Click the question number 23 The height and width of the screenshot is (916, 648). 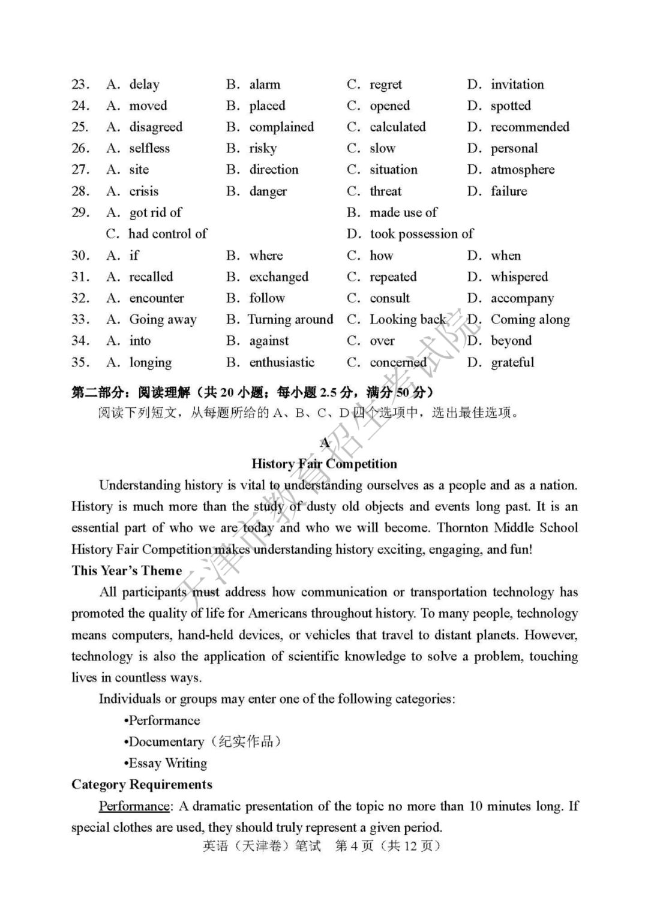80,85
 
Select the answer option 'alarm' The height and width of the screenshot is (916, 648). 265,85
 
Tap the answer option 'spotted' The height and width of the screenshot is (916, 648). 511,106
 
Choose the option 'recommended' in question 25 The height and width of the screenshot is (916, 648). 530,127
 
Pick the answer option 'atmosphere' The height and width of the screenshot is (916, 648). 523,170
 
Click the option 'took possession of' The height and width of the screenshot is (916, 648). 421,234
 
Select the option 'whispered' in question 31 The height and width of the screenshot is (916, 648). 519,277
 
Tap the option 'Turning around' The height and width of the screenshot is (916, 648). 290,320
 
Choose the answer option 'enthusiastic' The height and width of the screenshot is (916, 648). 282,362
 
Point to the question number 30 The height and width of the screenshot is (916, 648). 80,256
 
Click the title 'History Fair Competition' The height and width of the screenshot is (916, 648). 324,464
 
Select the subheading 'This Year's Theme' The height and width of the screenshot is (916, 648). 127,570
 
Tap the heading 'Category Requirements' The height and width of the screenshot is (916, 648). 142,785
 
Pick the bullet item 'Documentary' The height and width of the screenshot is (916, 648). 166,742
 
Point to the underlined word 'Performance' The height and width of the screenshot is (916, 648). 134,806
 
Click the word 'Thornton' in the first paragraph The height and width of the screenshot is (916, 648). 463,528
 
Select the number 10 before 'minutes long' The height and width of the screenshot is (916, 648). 476,806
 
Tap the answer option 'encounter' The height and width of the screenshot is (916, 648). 157,298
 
